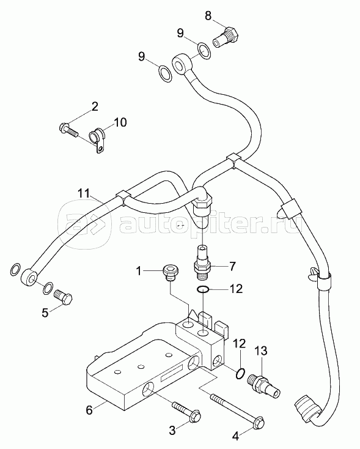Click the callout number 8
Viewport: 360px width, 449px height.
[208, 16]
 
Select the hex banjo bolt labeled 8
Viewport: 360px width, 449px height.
[226, 37]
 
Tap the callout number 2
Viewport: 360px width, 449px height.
[95, 107]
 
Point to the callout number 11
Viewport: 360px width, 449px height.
[84, 193]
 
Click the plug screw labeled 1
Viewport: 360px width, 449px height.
[170, 272]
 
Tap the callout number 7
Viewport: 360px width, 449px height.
[232, 266]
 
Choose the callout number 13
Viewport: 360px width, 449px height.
[262, 351]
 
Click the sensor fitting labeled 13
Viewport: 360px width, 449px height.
[263, 386]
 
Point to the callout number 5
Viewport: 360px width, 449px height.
[45, 313]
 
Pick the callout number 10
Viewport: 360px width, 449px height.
[120, 122]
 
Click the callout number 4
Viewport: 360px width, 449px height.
[235, 436]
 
